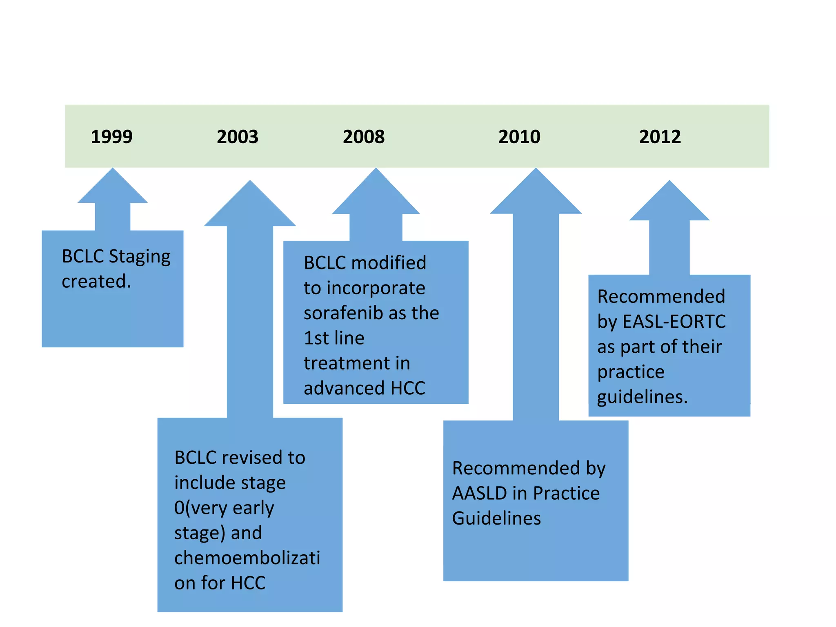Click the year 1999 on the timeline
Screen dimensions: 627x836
point(111,137)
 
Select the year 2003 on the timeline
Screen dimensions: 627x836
point(238,137)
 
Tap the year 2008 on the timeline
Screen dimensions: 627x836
point(364,137)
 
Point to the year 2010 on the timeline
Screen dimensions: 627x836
point(519,137)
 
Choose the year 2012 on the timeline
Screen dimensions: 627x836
point(660,137)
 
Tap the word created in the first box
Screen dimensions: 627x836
point(96,282)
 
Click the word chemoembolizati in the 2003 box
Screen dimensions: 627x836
point(247,558)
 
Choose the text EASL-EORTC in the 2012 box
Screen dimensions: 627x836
point(674,322)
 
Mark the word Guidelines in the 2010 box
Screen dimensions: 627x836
point(496,518)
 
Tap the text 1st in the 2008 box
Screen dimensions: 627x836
point(316,338)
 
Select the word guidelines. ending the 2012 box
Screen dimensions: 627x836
point(643,397)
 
